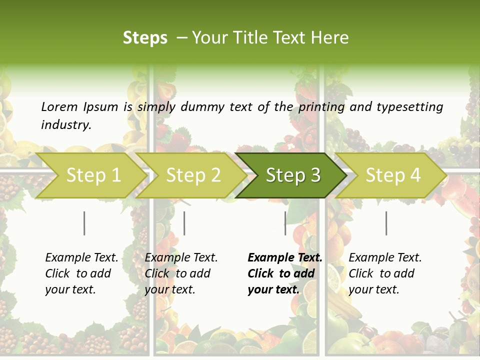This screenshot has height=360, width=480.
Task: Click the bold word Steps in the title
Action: click(145, 37)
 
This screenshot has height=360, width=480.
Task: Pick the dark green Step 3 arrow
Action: click(293, 175)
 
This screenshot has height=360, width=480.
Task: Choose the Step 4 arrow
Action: click(393, 175)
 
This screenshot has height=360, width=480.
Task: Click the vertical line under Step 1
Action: click(84, 223)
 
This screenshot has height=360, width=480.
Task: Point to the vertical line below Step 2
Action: click(184, 223)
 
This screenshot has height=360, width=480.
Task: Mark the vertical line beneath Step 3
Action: click(285, 223)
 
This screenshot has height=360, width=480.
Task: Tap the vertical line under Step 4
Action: click(386, 223)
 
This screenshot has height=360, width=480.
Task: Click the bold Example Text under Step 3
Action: click(285, 257)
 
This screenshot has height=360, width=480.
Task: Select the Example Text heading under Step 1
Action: click(81, 257)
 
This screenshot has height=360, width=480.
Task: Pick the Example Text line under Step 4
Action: click(385, 257)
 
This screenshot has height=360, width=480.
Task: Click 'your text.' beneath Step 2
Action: click(170, 289)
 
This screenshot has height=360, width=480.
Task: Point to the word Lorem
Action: click(59, 106)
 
